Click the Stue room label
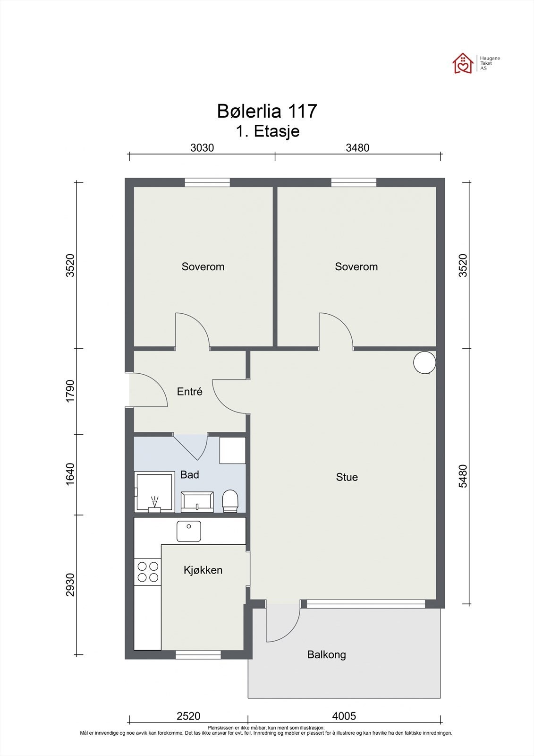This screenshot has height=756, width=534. (x=347, y=477)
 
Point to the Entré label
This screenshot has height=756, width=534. (x=190, y=391)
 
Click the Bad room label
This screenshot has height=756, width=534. (x=190, y=474)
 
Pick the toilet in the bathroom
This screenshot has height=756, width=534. (x=230, y=501)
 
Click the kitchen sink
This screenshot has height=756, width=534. (x=188, y=531)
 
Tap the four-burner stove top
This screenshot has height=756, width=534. (x=148, y=572)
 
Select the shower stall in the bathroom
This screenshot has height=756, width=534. (x=154, y=492)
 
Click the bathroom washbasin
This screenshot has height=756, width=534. (x=197, y=502)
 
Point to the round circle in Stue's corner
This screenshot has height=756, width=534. (x=425, y=362)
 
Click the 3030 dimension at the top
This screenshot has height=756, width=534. (x=202, y=147)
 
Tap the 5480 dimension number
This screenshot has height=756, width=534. (x=463, y=476)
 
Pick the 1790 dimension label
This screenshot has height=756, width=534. (x=70, y=391)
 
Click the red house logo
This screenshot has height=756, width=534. (x=463, y=63)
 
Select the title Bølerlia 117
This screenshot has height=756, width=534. (x=267, y=111)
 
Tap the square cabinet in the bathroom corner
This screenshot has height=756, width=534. (x=233, y=451)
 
